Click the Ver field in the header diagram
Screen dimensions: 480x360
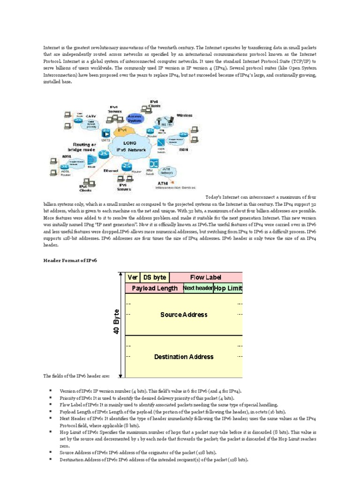tap(133, 277)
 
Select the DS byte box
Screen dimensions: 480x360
tap(154, 277)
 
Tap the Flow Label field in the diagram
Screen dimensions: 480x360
tap(205, 277)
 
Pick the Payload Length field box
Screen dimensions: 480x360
tap(154, 288)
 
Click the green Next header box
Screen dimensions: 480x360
tap(197, 288)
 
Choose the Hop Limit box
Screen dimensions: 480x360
tap(228, 288)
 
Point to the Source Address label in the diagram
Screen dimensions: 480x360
tap(184, 315)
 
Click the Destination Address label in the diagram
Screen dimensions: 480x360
tap(184, 357)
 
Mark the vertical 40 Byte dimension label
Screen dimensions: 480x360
tap(116, 322)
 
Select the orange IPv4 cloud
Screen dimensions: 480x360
tap(121, 129)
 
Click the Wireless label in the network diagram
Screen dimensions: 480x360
tap(184, 114)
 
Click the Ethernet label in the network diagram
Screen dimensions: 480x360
tap(112, 171)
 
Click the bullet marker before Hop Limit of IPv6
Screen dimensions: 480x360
tap(49, 430)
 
